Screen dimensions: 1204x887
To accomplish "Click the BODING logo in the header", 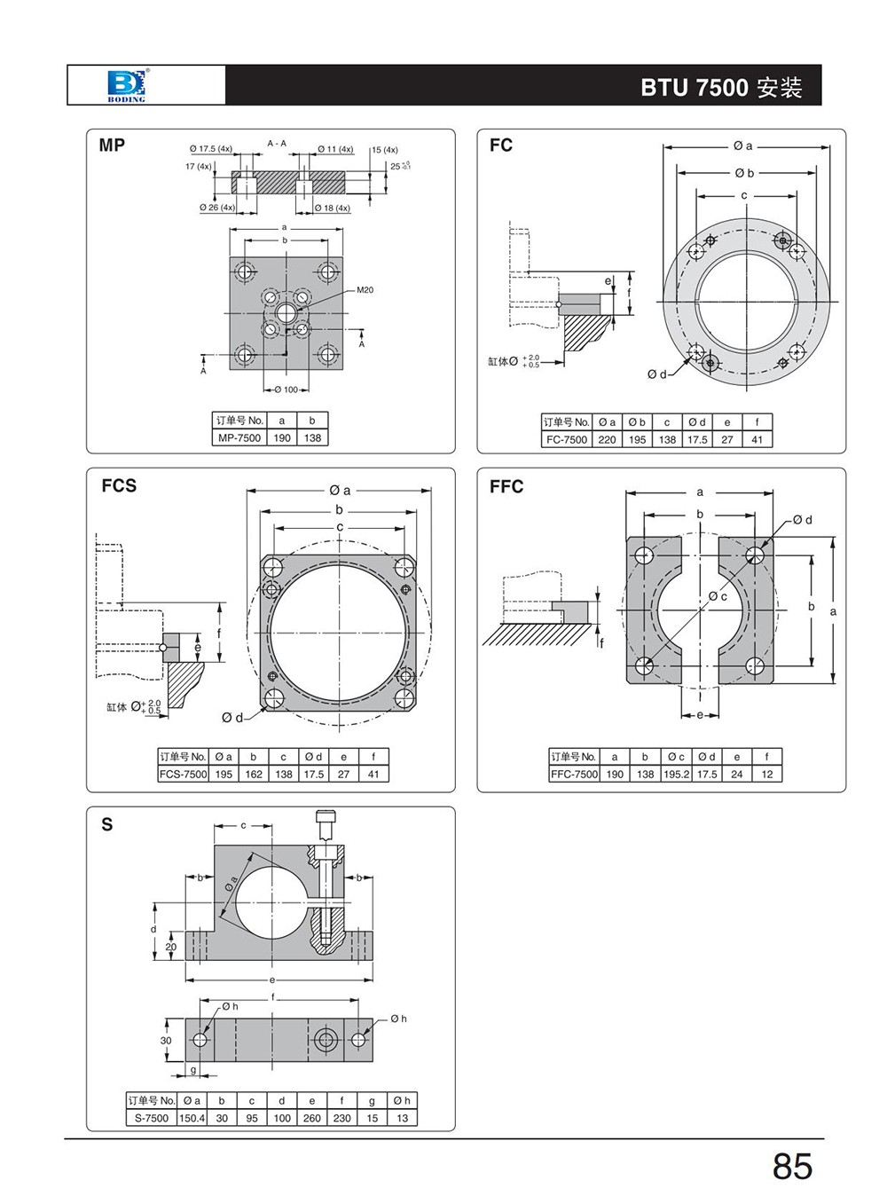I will (126, 85).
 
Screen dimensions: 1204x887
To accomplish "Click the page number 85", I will (791, 1166).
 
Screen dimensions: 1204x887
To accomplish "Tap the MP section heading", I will (112, 146).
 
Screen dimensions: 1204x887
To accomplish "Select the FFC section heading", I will (506, 486).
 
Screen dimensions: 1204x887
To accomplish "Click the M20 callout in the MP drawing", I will (365, 290).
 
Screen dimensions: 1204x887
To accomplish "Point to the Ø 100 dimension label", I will (287, 390).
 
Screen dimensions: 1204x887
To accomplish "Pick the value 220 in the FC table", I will (607, 439).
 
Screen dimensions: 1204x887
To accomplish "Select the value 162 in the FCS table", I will (254, 774).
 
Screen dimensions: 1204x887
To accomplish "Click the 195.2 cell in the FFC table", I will (676, 774).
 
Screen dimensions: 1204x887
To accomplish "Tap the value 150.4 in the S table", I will (192, 1118).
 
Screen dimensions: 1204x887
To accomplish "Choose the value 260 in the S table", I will (311, 1118).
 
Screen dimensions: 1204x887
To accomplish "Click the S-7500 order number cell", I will (152, 1118).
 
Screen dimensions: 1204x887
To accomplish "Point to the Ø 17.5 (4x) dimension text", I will (210, 149).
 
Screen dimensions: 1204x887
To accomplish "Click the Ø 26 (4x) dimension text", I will (217, 208).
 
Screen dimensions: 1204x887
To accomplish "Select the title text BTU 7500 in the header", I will (695, 87).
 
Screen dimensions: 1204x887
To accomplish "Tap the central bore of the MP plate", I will (287, 312).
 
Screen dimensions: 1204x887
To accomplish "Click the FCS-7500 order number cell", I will (184, 774).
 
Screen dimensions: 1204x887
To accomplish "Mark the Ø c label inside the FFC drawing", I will (718, 596).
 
